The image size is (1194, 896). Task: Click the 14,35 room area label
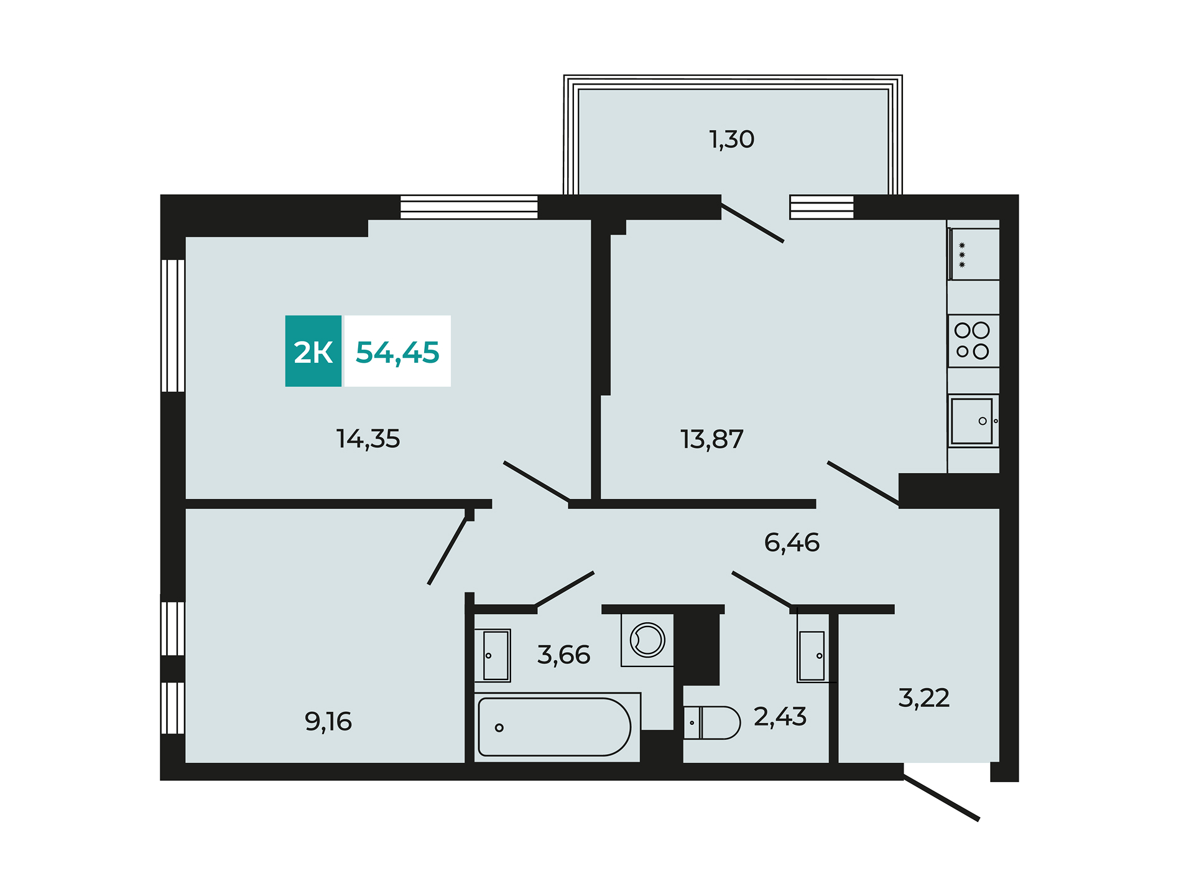point(368,439)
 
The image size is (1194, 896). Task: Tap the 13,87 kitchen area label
point(712,439)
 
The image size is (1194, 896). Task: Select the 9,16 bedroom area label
point(328,722)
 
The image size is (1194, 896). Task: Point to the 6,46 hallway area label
point(792,543)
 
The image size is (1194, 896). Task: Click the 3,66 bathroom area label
point(563,655)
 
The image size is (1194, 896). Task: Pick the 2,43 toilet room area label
point(780,717)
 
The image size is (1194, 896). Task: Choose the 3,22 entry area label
point(924,698)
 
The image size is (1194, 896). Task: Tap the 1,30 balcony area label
point(732,139)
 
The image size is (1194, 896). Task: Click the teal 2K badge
point(313,351)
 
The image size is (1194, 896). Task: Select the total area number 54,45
point(397,352)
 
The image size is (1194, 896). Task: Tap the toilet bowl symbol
point(712,722)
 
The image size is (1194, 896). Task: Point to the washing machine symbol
point(647,640)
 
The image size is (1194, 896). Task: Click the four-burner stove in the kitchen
point(973,341)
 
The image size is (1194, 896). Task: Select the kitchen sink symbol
point(973,421)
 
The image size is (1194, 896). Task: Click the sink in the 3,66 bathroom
point(493,656)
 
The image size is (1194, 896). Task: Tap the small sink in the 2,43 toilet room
point(813,656)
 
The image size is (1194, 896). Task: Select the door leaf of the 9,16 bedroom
point(447,550)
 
